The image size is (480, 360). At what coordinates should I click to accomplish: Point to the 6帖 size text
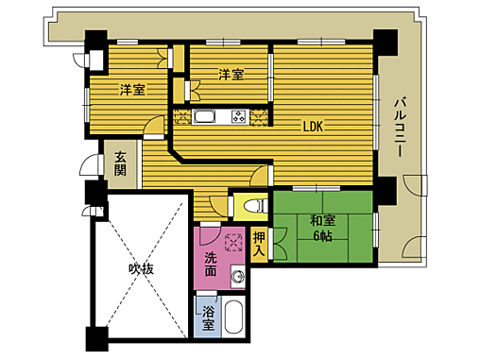click(x=322, y=235)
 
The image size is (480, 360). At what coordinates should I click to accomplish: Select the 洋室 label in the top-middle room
click(x=231, y=74)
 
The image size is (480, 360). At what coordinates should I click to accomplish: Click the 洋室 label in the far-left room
click(x=132, y=90)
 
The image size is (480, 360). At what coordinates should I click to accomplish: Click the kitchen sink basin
click(x=205, y=118)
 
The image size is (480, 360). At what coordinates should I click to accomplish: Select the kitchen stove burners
click(x=237, y=118)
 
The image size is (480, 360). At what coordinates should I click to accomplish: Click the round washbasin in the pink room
click(x=238, y=277)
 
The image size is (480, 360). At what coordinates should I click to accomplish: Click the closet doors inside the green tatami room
click(x=278, y=244)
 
